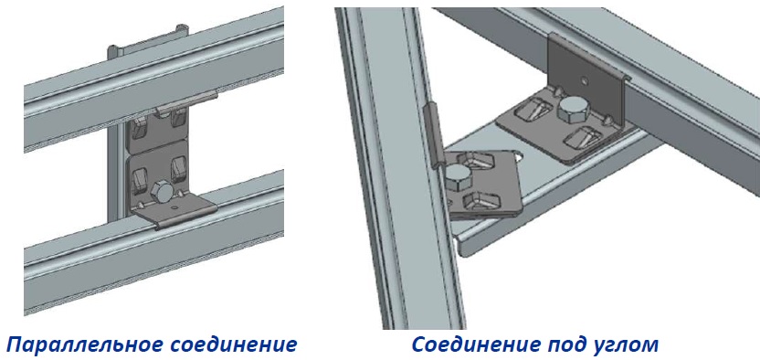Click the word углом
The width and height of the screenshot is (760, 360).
[x=627, y=345]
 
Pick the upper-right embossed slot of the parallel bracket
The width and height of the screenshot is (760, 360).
[x=177, y=118]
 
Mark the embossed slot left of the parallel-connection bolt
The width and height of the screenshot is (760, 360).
[x=139, y=178]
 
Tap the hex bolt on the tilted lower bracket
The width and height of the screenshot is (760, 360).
[x=455, y=177]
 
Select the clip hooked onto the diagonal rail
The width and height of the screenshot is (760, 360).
[x=434, y=135]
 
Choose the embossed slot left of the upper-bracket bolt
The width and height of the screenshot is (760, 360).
[x=535, y=110]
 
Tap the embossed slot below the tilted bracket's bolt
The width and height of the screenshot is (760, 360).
[x=482, y=201]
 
